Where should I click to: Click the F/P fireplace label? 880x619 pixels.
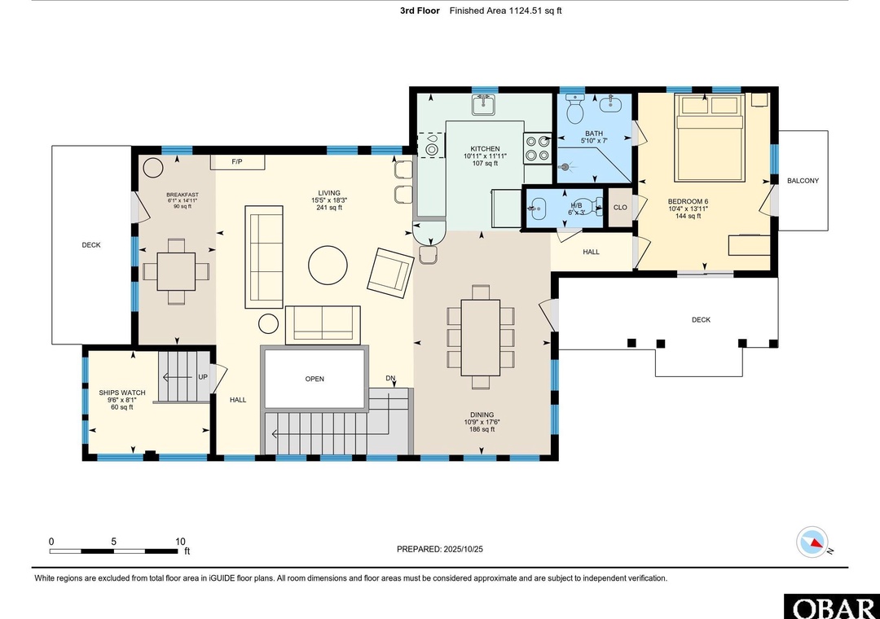click(x=237, y=162)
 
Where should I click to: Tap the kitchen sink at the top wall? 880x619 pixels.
click(x=482, y=104)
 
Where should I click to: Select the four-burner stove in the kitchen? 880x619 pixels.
click(x=538, y=148)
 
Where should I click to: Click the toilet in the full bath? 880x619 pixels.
click(x=574, y=109)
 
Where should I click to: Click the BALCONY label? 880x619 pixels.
click(x=803, y=181)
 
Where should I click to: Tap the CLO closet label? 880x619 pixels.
click(x=620, y=208)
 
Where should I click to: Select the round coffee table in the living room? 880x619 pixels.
click(x=328, y=266)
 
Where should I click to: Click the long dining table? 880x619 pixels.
click(x=481, y=337)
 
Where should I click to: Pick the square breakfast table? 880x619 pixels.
click(x=176, y=271)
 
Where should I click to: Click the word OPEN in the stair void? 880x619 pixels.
click(x=315, y=379)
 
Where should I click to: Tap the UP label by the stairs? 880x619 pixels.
click(x=203, y=377)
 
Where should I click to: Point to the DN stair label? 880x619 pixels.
click(x=390, y=378)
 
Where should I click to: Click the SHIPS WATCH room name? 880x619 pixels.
click(x=121, y=393)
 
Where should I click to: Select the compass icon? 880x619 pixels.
click(x=812, y=542)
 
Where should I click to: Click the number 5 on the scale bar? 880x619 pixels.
click(x=113, y=542)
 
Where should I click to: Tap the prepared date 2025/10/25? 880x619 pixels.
click(x=463, y=550)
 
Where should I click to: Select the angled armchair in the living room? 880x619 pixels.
click(x=390, y=273)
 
